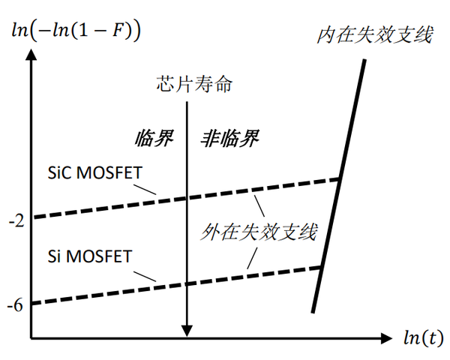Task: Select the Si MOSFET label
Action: click(88, 257)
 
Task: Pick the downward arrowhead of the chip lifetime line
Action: click(187, 331)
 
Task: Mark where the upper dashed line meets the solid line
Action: click(340, 180)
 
